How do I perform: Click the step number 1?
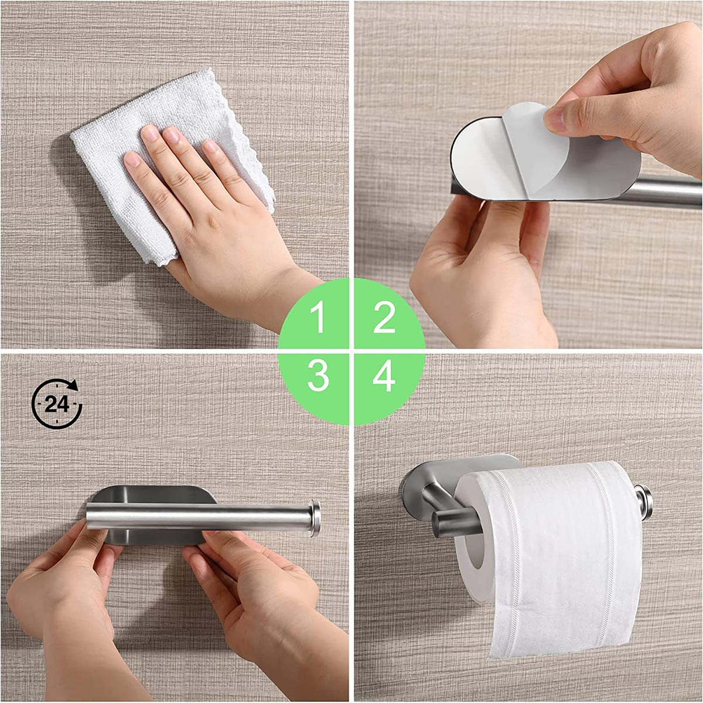point(318,318)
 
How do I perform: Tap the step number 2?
point(384,318)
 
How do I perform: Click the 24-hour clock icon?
point(57,404)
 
